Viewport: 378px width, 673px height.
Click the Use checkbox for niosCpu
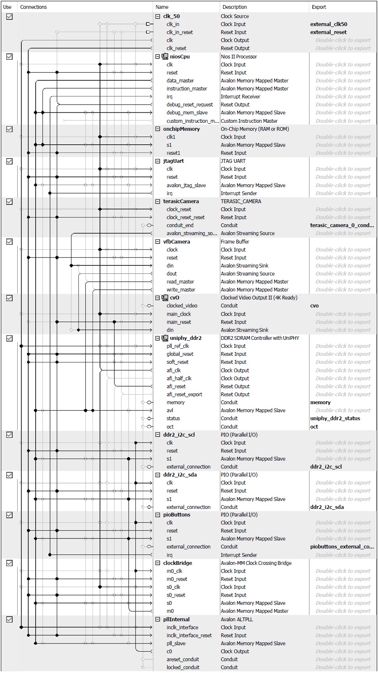click(x=9, y=57)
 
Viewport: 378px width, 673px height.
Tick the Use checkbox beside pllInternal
click(x=9, y=620)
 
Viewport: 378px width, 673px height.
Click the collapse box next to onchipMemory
click(x=158, y=129)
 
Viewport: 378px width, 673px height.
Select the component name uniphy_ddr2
click(x=185, y=338)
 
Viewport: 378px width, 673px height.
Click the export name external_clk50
click(x=328, y=24)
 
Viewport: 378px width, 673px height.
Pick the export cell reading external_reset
click(x=328, y=32)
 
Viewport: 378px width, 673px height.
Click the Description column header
click(x=235, y=7)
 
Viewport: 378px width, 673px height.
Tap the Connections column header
click(x=34, y=7)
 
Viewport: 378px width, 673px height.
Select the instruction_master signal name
click(x=187, y=89)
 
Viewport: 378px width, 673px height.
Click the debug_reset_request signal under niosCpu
click(x=190, y=105)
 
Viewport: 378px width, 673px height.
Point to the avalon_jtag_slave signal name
click(x=186, y=185)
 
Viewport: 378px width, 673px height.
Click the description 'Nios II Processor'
click(x=239, y=57)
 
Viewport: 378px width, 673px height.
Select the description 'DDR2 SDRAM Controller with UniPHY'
click(x=260, y=338)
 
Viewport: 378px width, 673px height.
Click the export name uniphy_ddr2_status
click(x=335, y=419)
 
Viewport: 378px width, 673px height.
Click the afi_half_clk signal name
click(x=179, y=379)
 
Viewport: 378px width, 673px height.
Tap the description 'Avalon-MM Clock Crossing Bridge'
click(x=256, y=563)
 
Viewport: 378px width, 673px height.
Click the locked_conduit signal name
click(x=183, y=668)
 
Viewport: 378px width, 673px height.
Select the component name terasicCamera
click(x=181, y=201)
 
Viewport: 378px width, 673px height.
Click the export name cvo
click(x=315, y=306)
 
